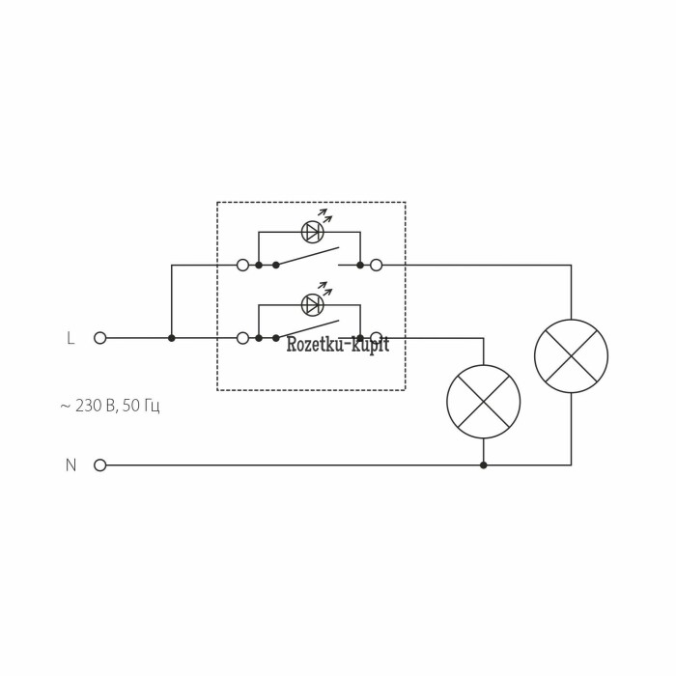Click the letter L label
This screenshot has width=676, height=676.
[70, 338]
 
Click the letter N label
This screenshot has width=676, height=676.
[70, 465]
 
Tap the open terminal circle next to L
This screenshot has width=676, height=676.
[99, 338]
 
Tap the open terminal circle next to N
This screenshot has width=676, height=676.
[99, 465]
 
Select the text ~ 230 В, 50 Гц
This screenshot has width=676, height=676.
[109, 406]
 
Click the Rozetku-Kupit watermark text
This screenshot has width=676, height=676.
[337, 345]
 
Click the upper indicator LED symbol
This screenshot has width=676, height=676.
[312, 232]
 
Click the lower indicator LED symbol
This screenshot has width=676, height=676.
[312, 305]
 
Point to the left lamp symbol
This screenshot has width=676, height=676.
[483, 402]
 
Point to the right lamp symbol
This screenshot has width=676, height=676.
[571, 356]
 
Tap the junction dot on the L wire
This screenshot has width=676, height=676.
[172, 338]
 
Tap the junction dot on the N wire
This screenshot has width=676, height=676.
[483, 465]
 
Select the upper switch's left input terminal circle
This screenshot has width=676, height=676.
[242, 265]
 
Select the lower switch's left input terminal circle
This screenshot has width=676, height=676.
[242, 338]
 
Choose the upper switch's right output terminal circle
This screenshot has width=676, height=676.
[376, 265]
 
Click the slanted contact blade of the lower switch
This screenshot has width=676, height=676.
[307, 329]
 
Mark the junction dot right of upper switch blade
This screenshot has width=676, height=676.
[360, 265]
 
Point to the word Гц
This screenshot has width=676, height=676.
[151, 406]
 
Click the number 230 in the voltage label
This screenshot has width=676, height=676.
[89, 406]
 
